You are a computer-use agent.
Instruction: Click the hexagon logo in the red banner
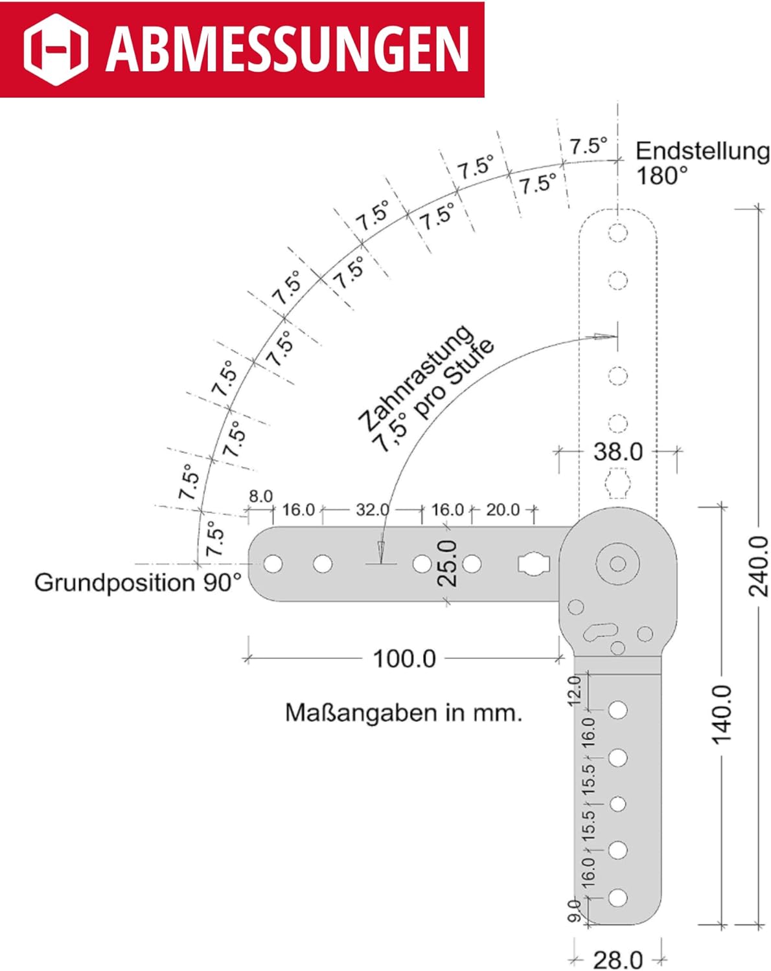(56, 49)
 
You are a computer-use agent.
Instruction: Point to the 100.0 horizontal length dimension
(404, 659)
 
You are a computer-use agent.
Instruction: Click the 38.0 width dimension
(618, 451)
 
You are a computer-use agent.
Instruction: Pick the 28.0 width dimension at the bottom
(618, 959)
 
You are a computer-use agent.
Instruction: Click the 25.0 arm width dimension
(448, 564)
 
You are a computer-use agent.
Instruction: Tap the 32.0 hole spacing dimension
(372, 510)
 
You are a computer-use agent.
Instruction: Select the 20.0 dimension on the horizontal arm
(503, 510)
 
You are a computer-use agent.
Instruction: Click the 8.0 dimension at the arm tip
(260, 497)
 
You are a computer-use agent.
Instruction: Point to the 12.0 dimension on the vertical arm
(574, 691)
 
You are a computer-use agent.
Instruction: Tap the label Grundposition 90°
(138, 583)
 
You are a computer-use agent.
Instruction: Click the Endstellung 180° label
(702, 163)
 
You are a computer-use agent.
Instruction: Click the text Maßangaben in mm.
(404, 713)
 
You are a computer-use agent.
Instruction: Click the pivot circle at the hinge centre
(617, 564)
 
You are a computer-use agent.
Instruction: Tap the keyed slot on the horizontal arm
(533, 564)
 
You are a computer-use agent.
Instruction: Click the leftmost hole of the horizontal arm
(273, 564)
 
